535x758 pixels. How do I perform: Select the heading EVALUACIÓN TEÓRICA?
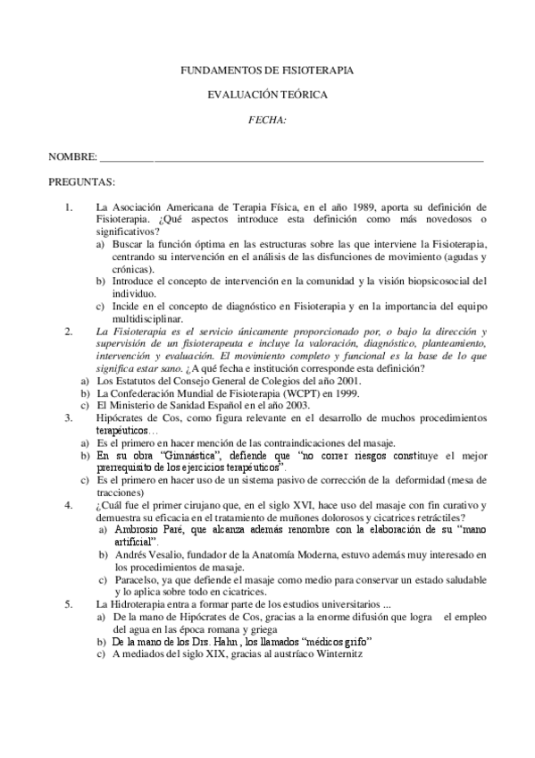[267, 94]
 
